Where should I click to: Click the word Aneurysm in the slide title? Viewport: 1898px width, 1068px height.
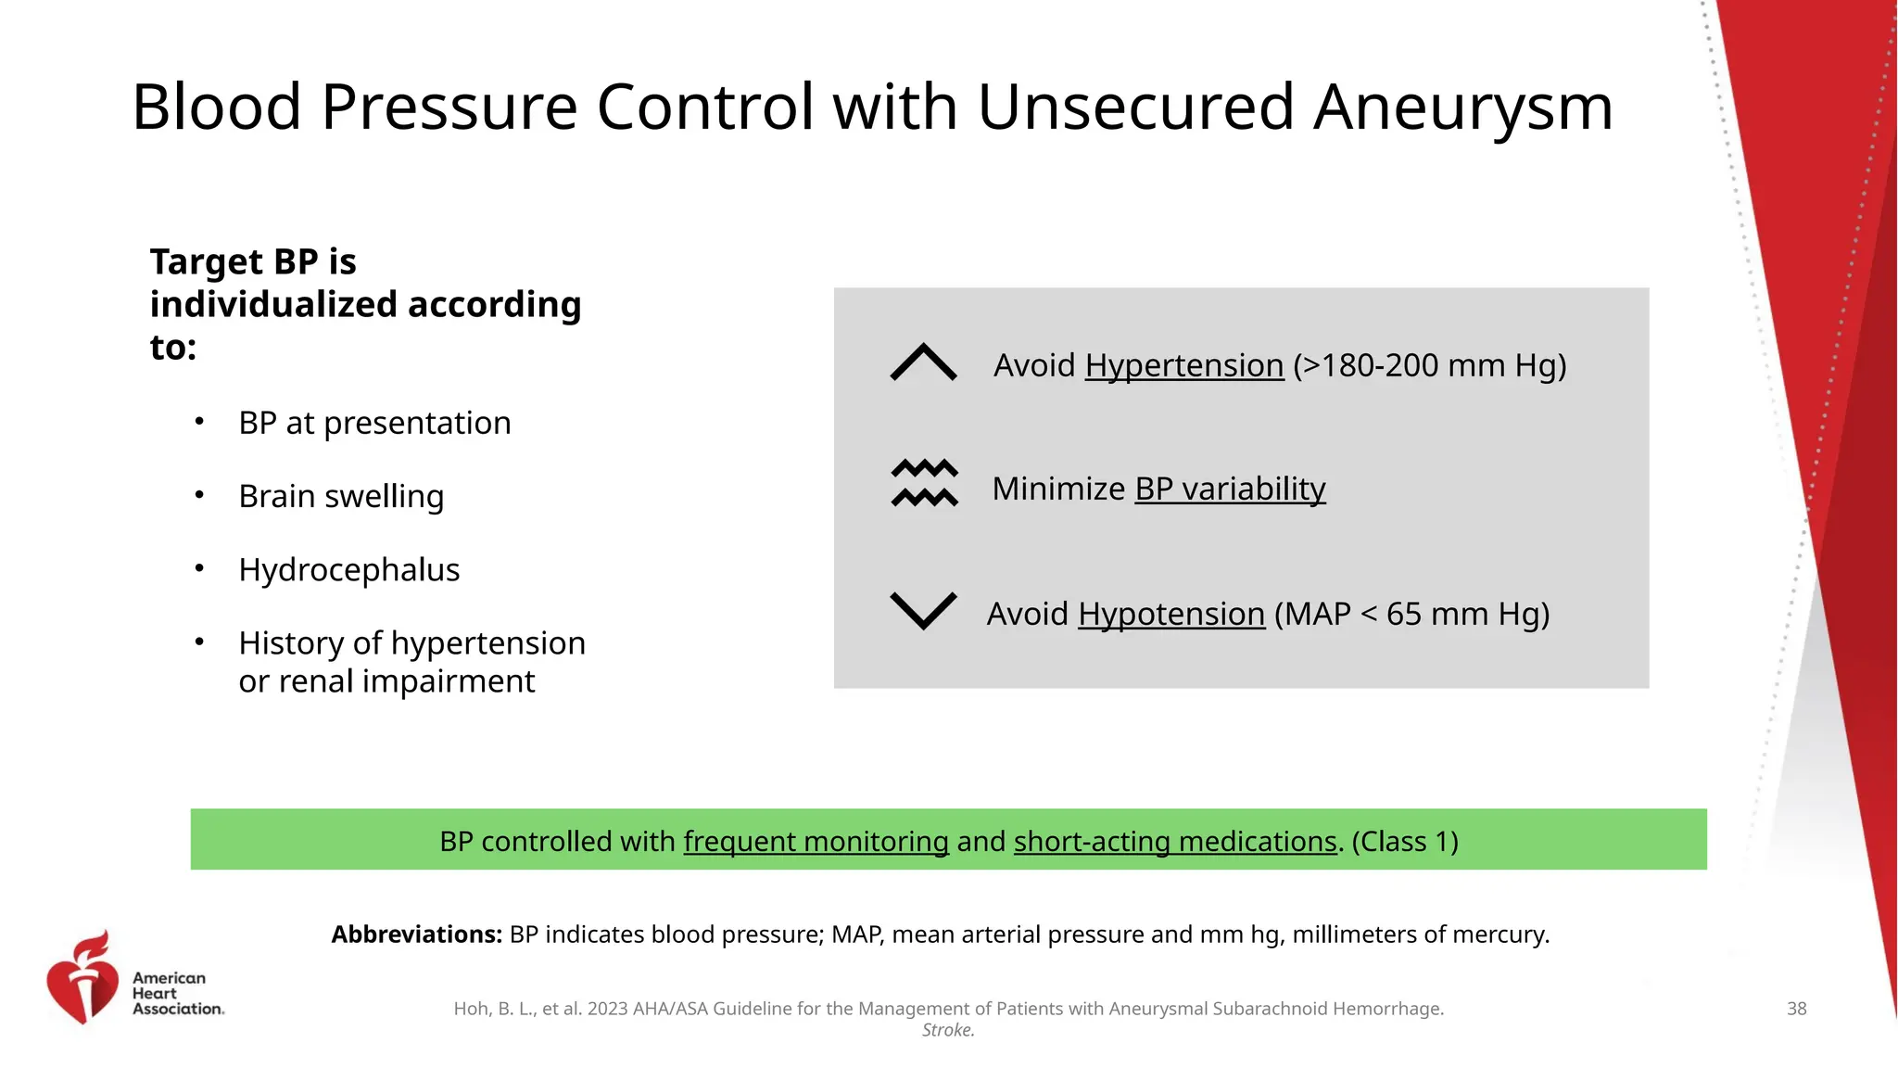pos(1463,108)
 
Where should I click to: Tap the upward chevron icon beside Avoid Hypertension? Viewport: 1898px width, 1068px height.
pos(923,362)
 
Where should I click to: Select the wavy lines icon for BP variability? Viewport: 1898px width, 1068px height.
pos(924,483)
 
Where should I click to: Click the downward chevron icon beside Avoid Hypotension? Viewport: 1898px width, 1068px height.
pos(923,610)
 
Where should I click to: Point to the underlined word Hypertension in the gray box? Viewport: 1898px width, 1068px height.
pos(1183,365)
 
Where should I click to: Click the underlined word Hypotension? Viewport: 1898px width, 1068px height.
pos(1171,614)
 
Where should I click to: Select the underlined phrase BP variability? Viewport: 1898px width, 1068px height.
pos(1230,489)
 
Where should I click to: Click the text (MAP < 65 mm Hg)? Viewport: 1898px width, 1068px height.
pos(1411,614)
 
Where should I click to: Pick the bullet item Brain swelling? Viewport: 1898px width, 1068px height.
pos(341,496)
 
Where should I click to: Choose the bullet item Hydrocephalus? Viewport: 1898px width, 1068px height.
pos(348,569)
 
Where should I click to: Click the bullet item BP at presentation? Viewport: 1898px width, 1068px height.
pos(374,423)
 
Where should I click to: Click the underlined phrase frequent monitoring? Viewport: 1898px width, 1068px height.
pos(816,841)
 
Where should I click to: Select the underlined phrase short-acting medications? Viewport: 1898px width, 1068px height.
pos(1175,841)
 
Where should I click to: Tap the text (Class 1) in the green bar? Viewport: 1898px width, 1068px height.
pos(1405,841)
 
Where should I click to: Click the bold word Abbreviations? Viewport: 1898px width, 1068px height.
pos(417,934)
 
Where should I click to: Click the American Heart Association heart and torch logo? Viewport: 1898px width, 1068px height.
pos(83,978)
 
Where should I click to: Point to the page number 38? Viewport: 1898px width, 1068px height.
pos(1796,1009)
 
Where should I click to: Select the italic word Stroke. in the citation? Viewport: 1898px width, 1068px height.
pos(948,1030)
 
